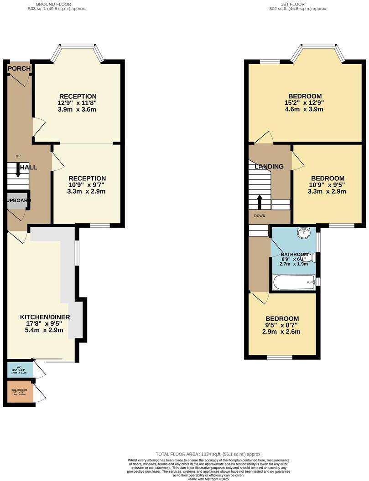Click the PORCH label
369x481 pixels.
19,69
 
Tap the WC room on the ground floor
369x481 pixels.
20,369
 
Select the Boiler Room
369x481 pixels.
20,392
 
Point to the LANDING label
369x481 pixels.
269,166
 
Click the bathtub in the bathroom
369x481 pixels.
294,282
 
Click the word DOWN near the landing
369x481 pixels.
260,216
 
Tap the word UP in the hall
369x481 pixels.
18,156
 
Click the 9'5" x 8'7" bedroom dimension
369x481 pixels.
282,325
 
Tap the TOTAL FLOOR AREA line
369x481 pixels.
208,454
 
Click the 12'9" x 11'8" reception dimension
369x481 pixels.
78,103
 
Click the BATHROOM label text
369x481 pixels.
294,254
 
